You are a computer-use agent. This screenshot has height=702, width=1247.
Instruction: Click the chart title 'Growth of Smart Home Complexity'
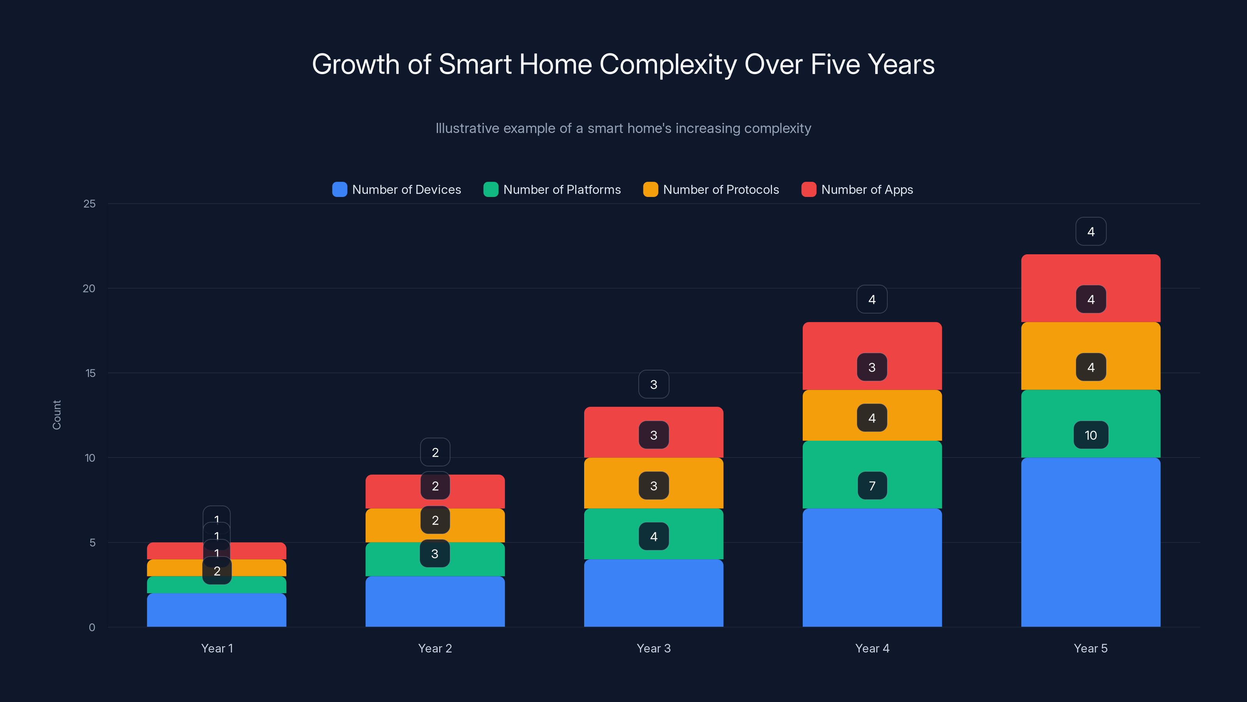[623, 64]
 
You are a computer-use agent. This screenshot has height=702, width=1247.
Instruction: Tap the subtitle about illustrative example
[623, 128]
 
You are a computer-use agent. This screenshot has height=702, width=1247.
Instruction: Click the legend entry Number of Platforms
[552, 190]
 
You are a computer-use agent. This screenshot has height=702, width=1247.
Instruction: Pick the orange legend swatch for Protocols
[650, 190]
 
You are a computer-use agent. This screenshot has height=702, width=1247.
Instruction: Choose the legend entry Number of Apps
[857, 190]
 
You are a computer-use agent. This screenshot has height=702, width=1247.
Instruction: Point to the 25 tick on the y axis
[90, 204]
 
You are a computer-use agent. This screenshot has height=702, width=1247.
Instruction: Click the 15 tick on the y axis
[90, 373]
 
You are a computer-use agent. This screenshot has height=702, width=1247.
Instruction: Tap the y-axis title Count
[57, 415]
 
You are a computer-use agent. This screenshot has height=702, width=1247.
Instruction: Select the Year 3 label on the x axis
[654, 648]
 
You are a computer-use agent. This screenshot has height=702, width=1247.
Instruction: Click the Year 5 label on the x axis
[1090, 648]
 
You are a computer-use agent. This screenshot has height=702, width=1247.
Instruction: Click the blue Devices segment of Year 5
[1090, 542]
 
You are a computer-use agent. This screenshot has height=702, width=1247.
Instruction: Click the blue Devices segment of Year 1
[216, 610]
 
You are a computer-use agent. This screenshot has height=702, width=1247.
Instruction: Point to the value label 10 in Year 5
[1090, 435]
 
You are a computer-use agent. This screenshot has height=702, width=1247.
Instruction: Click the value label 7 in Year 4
[872, 486]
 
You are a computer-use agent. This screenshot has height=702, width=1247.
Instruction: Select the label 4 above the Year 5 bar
[1090, 232]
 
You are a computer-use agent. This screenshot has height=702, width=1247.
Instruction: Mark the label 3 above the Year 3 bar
[654, 385]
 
